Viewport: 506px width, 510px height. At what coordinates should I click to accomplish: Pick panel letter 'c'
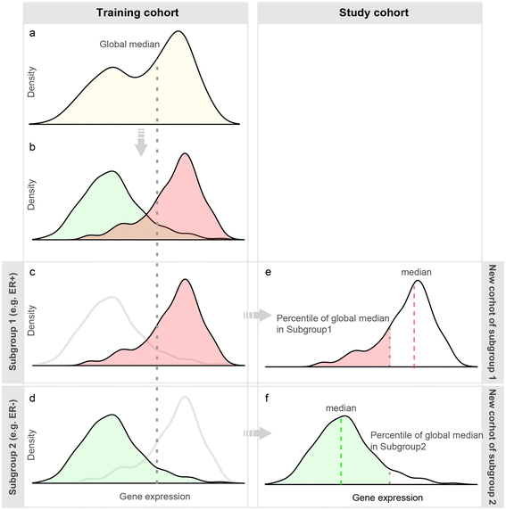(x=32, y=273)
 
